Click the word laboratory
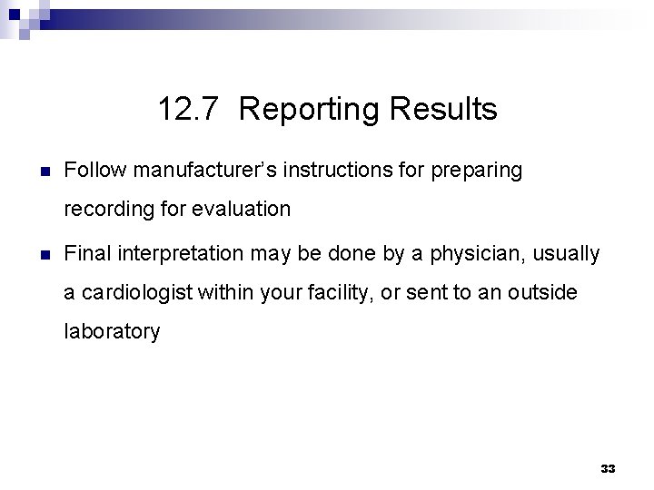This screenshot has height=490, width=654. pos(112,332)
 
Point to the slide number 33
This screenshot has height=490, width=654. pos(608,468)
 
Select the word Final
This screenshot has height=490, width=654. pos(87,253)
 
